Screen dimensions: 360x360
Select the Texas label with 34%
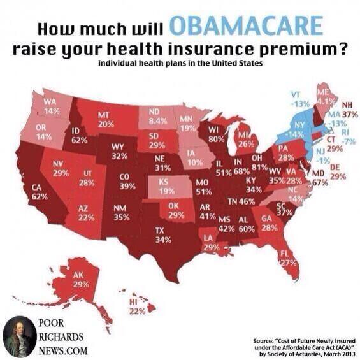point(164,234)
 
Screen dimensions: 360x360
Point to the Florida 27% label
point(289,256)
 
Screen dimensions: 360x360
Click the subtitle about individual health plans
point(180,64)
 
